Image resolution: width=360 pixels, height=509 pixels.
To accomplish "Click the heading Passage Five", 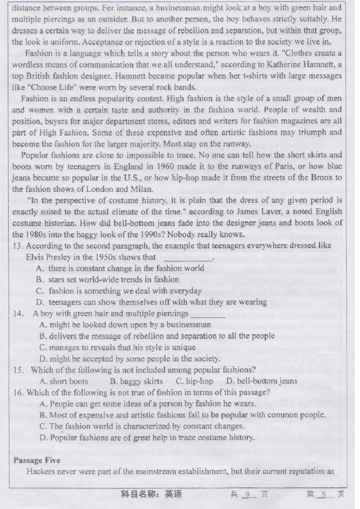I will click(37, 460).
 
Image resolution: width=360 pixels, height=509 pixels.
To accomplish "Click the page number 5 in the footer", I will click(324, 495).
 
